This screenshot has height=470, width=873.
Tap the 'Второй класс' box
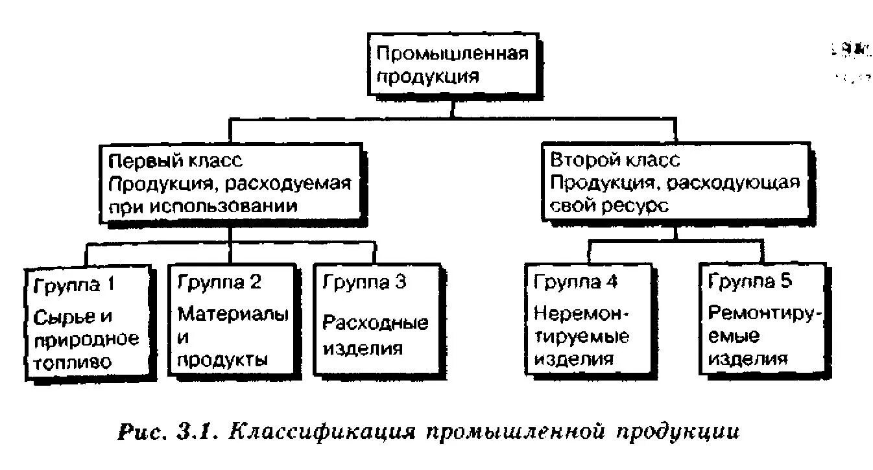674,183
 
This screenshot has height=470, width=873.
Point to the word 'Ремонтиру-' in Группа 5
765,314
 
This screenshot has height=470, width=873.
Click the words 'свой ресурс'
609,207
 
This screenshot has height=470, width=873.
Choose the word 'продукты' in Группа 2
223,360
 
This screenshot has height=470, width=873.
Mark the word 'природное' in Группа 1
86,339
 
